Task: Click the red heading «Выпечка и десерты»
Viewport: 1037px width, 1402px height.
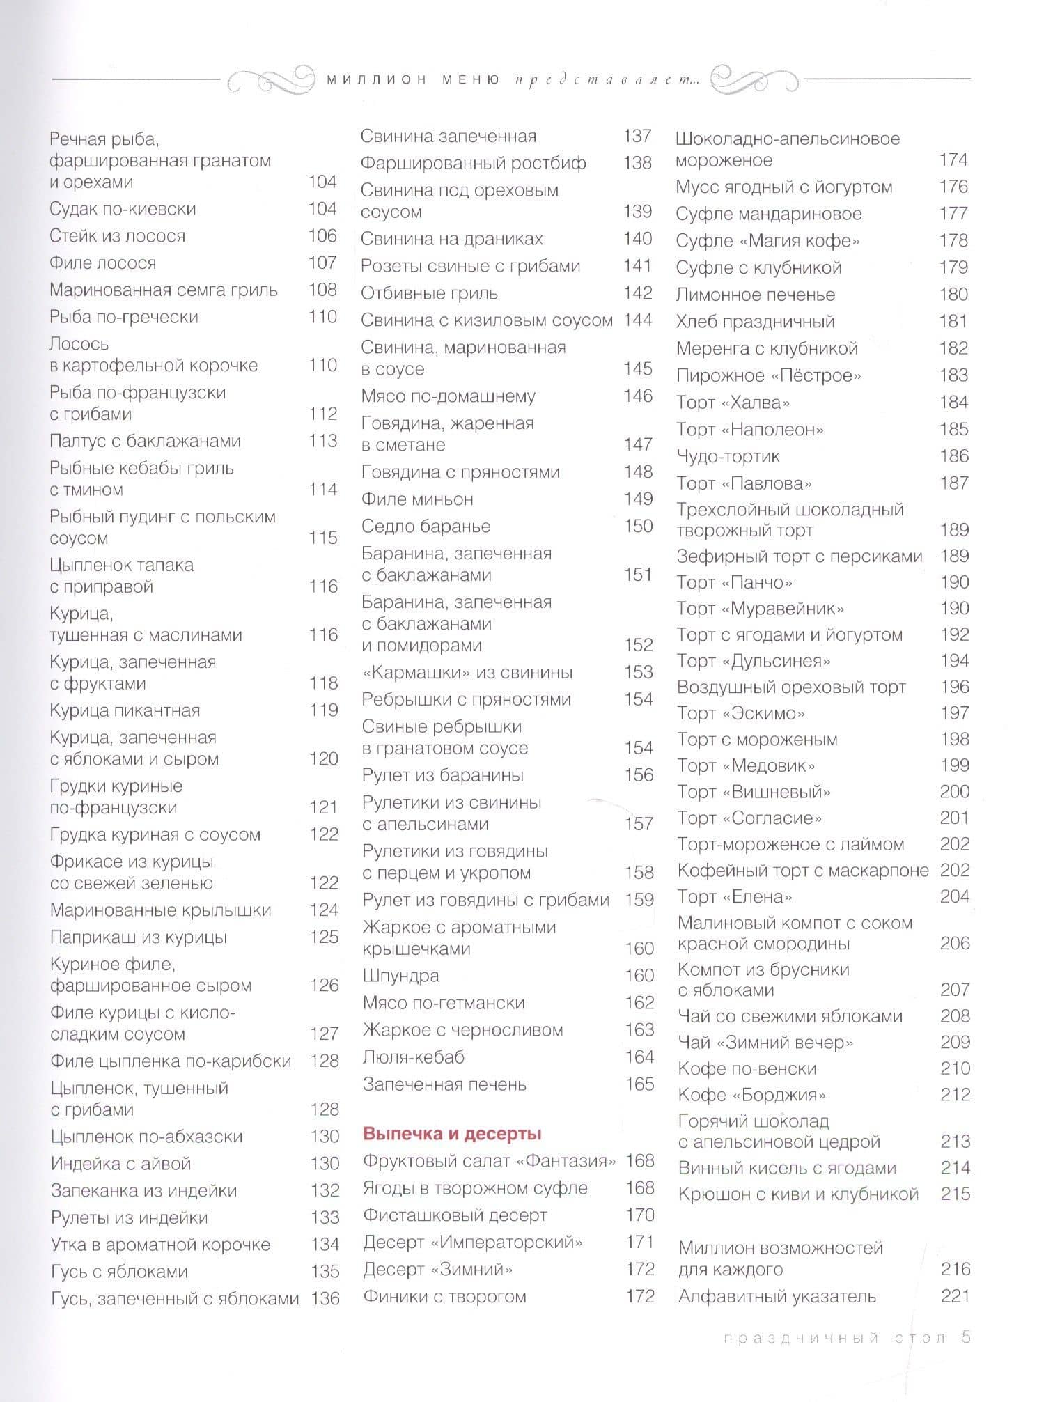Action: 452,1134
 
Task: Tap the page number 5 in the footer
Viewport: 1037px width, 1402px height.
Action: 965,1337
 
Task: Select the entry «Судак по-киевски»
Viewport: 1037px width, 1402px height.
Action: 123,209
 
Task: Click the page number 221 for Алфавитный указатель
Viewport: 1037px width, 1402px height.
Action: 955,1296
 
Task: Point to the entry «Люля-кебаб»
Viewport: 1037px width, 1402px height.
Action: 413,1057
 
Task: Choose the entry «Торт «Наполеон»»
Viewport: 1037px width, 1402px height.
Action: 749,430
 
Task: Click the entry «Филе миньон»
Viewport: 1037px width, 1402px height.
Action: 417,499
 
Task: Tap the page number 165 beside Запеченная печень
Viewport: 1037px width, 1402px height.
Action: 639,1084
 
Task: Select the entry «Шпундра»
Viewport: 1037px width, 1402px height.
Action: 400,976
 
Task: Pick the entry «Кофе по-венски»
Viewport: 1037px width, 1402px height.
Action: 747,1069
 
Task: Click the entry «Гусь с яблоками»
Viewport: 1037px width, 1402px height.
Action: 119,1272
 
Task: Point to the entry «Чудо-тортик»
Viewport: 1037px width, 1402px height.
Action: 728,457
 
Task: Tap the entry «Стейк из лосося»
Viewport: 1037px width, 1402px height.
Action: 117,236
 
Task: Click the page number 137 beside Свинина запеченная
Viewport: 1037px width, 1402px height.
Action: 637,136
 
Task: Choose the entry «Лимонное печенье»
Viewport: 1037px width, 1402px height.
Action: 755,295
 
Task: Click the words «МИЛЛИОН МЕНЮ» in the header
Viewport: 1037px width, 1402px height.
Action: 413,79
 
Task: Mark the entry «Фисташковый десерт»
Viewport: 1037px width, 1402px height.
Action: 455,1215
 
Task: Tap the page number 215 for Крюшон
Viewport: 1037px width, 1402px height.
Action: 955,1194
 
